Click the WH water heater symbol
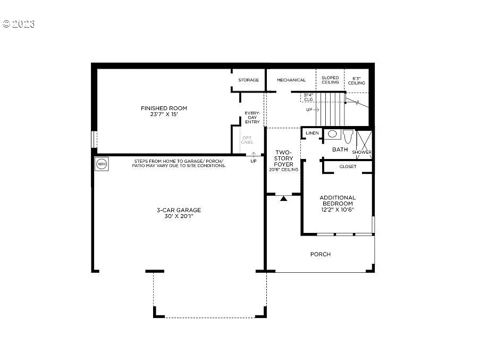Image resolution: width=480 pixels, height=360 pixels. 101,164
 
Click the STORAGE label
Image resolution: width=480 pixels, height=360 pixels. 248,80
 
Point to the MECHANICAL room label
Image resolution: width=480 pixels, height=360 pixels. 291,80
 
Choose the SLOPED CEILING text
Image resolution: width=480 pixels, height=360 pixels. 330,80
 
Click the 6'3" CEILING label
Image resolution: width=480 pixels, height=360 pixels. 357,80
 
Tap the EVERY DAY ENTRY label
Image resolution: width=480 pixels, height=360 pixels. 252,118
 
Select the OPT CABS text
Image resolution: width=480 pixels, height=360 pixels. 247,140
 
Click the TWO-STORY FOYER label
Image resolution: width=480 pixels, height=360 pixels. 283,158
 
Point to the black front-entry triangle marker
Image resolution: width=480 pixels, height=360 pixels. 284,198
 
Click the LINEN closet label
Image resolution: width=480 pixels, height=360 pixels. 312,133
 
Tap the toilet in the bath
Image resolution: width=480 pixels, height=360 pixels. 348,136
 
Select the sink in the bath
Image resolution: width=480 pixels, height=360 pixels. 332,134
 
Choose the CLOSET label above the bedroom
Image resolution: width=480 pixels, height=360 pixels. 348,166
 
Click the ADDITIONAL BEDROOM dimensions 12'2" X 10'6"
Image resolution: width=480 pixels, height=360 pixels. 337,210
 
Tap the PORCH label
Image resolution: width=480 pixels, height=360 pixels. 321,254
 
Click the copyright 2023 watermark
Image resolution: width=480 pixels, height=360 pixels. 19,24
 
